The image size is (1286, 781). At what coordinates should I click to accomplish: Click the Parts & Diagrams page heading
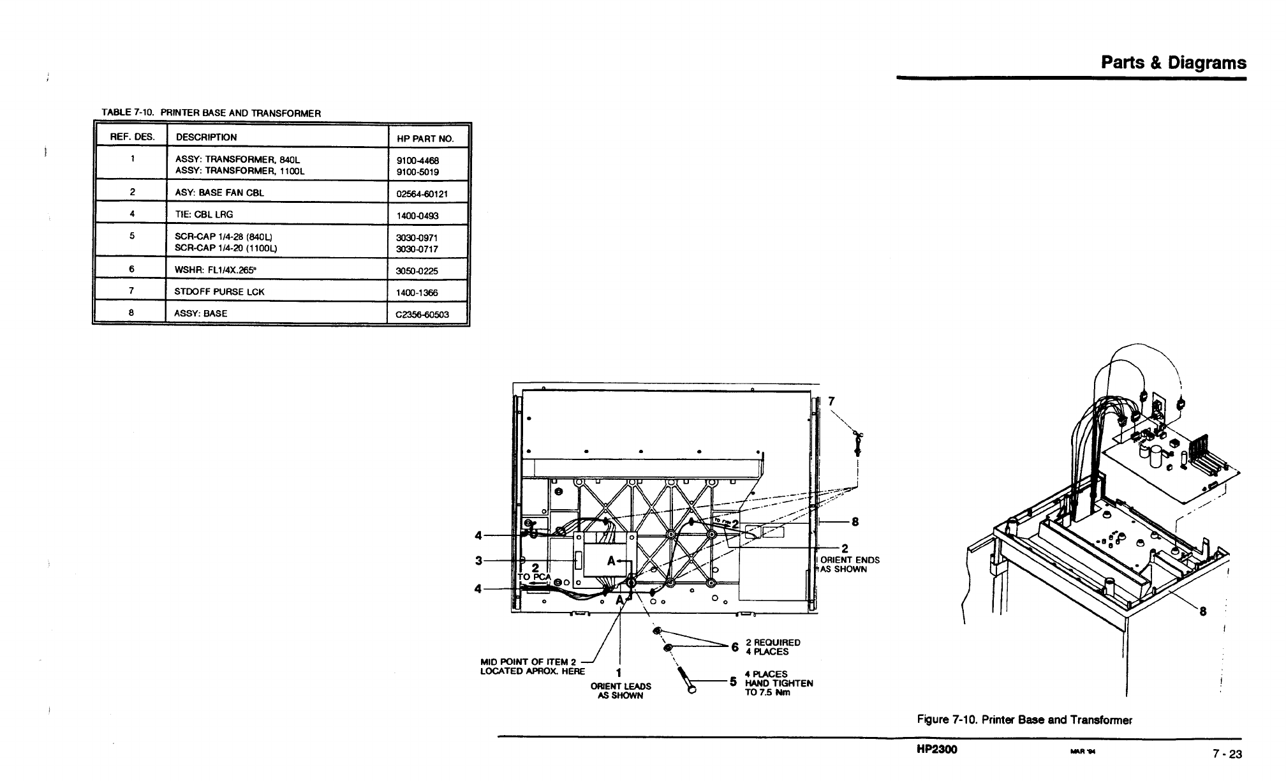pyautogui.click(x=1173, y=63)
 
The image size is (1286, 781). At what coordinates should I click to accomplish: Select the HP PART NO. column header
pyautogui.click(x=425, y=138)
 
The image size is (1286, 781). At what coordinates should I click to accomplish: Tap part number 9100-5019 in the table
pyautogui.click(x=418, y=172)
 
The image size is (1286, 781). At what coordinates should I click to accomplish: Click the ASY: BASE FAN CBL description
pyautogui.click(x=219, y=193)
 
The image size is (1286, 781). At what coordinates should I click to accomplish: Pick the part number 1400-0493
pyautogui.click(x=418, y=216)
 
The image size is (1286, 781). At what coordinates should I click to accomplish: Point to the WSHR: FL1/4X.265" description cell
pyautogui.click(x=215, y=269)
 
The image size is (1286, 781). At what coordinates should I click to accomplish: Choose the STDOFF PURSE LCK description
pyautogui.click(x=219, y=292)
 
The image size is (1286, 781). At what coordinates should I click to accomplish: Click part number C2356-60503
pyautogui.click(x=422, y=314)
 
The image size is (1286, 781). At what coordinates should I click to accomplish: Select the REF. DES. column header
pyautogui.click(x=129, y=137)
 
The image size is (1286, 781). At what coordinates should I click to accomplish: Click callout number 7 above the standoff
pyautogui.click(x=831, y=401)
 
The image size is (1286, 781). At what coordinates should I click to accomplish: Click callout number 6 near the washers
pyautogui.click(x=735, y=647)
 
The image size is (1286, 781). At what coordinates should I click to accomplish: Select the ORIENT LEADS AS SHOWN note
pyautogui.click(x=621, y=691)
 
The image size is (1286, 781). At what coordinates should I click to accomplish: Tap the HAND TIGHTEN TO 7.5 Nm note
pyautogui.click(x=779, y=683)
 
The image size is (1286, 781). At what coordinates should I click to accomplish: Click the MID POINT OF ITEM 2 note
pyautogui.click(x=532, y=666)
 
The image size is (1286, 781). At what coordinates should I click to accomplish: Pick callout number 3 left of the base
pyautogui.click(x=478, y=560)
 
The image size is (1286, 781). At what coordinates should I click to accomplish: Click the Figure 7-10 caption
pyautogui.click(x=1024, y=720)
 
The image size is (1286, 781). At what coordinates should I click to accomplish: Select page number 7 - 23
pyautogui.click(x=1227, y=754)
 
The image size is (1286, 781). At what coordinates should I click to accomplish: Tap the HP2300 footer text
pyautogui.click(x=936, y=749)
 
